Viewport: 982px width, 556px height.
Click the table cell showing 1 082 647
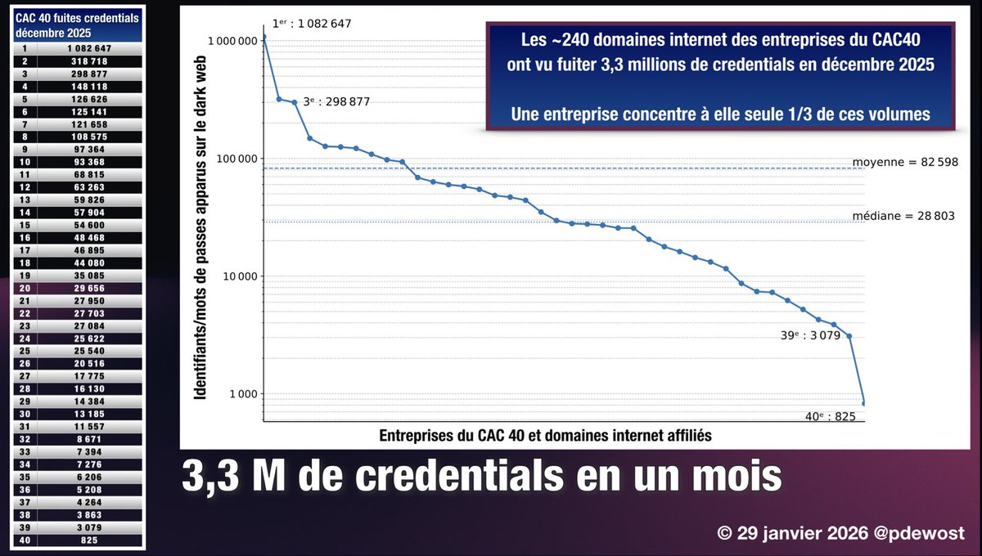88,48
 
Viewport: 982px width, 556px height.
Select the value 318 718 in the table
88,61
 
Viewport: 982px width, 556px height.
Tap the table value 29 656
88,288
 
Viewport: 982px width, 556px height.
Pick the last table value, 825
88,540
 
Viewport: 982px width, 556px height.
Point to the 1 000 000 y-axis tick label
232,40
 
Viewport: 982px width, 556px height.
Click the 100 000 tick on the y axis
237,159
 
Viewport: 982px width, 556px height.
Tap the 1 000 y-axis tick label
243,394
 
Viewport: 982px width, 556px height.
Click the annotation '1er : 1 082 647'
312,24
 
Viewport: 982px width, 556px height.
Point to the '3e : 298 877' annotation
336,101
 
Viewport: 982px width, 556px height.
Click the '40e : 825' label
829,416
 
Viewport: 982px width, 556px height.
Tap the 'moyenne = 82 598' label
905,162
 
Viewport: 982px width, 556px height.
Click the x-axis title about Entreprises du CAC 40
545,436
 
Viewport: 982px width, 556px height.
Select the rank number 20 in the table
25,288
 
